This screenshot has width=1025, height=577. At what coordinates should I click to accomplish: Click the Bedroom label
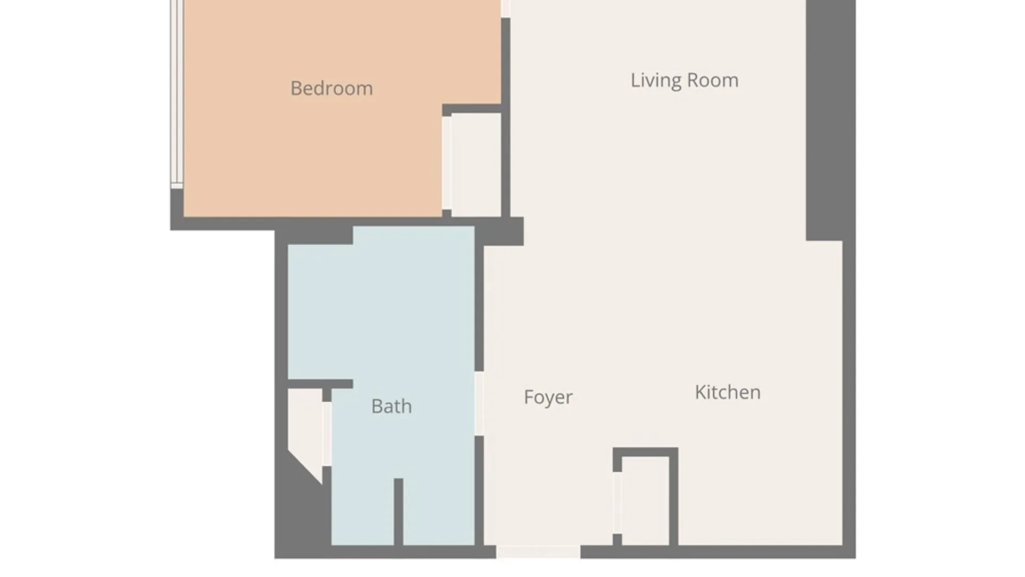(x=332, y=88)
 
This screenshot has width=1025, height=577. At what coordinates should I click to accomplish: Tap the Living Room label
(x=684, y=80)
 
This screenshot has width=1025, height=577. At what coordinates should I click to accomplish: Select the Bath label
(x=391, y=407)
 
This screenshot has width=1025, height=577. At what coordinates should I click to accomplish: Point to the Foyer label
(x=548, y=397)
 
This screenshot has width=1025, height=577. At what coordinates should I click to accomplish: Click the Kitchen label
(x=728, y=392)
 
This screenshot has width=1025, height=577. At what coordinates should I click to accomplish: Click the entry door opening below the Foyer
(x=538, y=552)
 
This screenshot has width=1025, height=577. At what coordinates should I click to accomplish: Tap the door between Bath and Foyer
(x=479, y=403)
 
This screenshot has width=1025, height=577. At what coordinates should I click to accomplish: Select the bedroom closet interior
(x=476, y=165)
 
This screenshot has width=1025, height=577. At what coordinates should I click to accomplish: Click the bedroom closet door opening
(x=446, y=163)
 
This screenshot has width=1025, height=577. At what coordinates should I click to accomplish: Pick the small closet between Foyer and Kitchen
(x=645, y=501)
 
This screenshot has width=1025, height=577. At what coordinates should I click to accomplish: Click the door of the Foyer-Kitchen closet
(x=617, y=503)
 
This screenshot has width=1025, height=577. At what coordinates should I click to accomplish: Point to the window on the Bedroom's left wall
(x=177, y=93)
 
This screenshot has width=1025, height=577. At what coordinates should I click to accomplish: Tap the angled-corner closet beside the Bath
(x=305, y=427)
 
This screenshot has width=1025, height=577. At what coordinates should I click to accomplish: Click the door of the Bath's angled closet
(x=327, y=434)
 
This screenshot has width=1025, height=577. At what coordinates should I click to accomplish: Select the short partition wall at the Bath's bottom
(x=398, y=512)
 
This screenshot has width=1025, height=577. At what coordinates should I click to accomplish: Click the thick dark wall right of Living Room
(x=831, y=120)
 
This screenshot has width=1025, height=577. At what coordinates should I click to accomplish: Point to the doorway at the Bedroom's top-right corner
(x=506, y=9)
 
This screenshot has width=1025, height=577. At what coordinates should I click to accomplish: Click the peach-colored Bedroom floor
(x=312, y=150)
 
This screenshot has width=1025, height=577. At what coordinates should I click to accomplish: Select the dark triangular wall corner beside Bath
(x=302, y=508)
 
